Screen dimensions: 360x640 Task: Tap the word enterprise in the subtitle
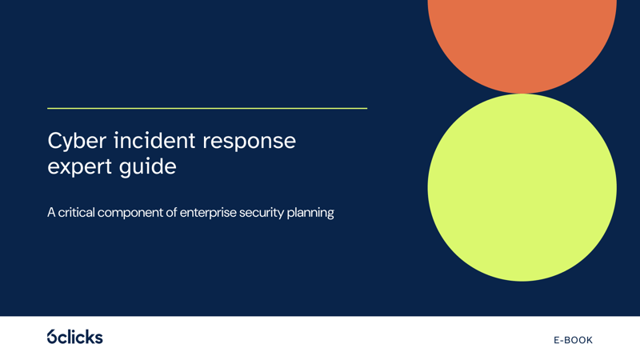(206, 214)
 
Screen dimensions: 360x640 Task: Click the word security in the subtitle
(262, 214)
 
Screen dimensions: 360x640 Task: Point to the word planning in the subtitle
(310, 214)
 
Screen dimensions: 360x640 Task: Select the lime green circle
(522, 187)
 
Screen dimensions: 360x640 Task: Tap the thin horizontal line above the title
(207, 108)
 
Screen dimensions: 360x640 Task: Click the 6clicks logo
(74, 337)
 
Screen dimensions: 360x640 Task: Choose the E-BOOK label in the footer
(573, 340)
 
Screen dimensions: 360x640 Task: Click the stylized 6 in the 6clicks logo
(52, 337)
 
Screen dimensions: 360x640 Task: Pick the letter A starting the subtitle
(51, 214)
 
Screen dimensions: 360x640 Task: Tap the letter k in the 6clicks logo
(89, 336)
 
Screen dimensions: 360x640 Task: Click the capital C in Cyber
(54, 142)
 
